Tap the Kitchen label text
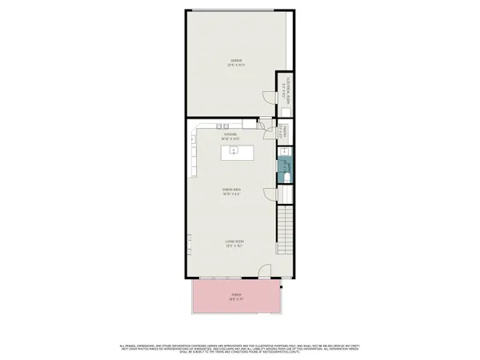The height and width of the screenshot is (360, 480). pyautogui.click(x=230, y=136)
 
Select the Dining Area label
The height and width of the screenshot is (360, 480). pyautogui.click(x=232, y=191)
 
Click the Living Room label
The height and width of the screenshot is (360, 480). pyautogui.click(x=234, y=243)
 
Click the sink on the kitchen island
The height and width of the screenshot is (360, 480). pyautogui.click(x=235, y=150)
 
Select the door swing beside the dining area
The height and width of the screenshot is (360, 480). pyautogui.click(x=273, y=194)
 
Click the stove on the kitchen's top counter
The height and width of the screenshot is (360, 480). pyautogui.click(x=225, y=126)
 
